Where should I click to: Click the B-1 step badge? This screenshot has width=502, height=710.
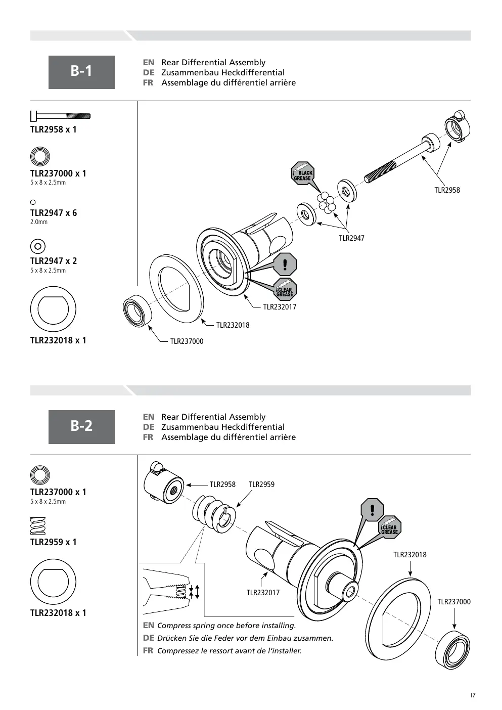pyautogui.click(x=81, y=72)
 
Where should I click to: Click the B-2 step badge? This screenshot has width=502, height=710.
pyautogui.click(x=81, y=427)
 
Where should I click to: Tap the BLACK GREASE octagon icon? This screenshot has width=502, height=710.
pyautogui.click(x=303, y=173)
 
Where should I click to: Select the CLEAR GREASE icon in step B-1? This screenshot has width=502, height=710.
pyautogui.click(x=285, y=289)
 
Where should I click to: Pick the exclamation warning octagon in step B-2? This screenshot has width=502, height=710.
pyautogui.click(x=373, y=510)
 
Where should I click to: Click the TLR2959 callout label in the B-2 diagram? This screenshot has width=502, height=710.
pyautogui.click(x=261, y=484)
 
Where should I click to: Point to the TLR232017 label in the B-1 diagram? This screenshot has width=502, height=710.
pyautogui.click(x=280, y=307)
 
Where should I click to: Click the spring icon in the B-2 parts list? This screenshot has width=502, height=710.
pyautogui.click(x=38, y=526)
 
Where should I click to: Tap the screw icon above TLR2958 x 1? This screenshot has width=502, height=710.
pyautogui.click(x=60, y=116)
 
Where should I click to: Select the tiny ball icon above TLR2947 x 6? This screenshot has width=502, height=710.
pyautogui.click(x=33, y=202)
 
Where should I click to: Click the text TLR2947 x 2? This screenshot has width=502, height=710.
pyautogui.click(x=54, y=261)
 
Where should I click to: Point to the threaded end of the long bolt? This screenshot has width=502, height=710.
pyautogui.click(x=380, y=172)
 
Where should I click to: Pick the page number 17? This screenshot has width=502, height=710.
pyautogui.click(x=473, y=695)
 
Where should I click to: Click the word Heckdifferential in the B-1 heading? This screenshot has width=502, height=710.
pyautogui.click(x=253, y=72)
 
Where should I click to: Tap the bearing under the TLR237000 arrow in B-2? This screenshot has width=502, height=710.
pyautogui.click(x=452, y=650)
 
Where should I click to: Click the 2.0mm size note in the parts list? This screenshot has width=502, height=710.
pyautogui.click(x=38, y=222)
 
